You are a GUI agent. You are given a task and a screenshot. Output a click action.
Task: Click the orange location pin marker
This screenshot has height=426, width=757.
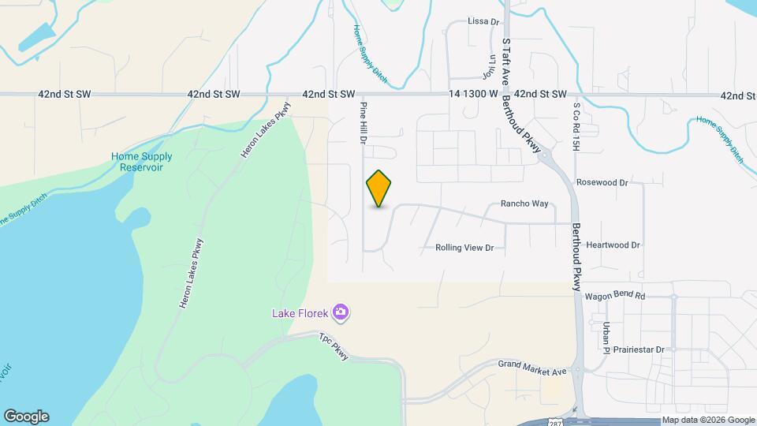coord(379,188)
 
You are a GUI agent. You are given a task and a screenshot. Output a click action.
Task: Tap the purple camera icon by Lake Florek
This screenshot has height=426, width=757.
coord(341,313)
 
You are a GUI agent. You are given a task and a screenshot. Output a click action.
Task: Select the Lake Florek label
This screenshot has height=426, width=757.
coord(300,313)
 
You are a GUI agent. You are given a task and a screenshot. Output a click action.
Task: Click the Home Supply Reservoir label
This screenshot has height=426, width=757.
coord(142,162)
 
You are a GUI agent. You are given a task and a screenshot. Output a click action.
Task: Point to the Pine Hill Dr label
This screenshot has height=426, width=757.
coord(364,123)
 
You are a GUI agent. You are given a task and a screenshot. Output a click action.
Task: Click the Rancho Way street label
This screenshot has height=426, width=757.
coord(524,204)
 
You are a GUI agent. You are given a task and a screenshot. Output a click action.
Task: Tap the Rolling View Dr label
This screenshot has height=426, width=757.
coord(464,248)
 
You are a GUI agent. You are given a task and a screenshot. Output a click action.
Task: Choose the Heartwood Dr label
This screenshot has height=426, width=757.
coord(613,245)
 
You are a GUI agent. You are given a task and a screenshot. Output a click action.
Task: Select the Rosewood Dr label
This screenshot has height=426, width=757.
coord(602,182)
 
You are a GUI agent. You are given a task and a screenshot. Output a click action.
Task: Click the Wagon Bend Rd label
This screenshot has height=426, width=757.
coord(615,296)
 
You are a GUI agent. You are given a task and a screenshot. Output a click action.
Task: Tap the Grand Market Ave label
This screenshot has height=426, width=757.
coord(533,367)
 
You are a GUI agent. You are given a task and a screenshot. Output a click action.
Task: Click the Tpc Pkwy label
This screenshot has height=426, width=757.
coord(334,347)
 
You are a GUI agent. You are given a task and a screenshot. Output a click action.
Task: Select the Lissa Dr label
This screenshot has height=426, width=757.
coord(484,21)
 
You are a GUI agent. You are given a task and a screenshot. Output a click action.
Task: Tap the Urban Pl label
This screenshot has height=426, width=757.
coord(606,334)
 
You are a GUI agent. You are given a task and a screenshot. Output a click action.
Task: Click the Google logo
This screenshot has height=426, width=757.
coord(26,417)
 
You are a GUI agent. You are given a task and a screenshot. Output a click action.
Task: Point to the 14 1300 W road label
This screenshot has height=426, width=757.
coord(473,94)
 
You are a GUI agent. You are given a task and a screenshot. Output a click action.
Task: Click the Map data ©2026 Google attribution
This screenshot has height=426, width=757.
coord(708,420)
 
